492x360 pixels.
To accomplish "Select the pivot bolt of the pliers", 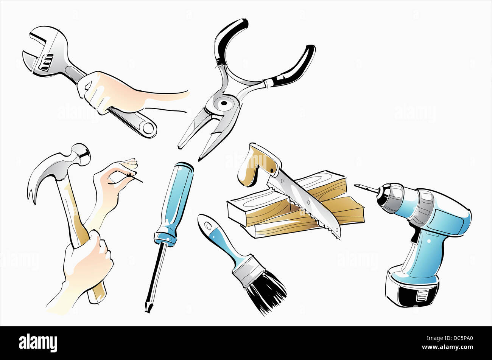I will (224, 103).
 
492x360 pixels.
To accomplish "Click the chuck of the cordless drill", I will (390, 198).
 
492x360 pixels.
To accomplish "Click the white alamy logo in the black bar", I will (38, 343).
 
